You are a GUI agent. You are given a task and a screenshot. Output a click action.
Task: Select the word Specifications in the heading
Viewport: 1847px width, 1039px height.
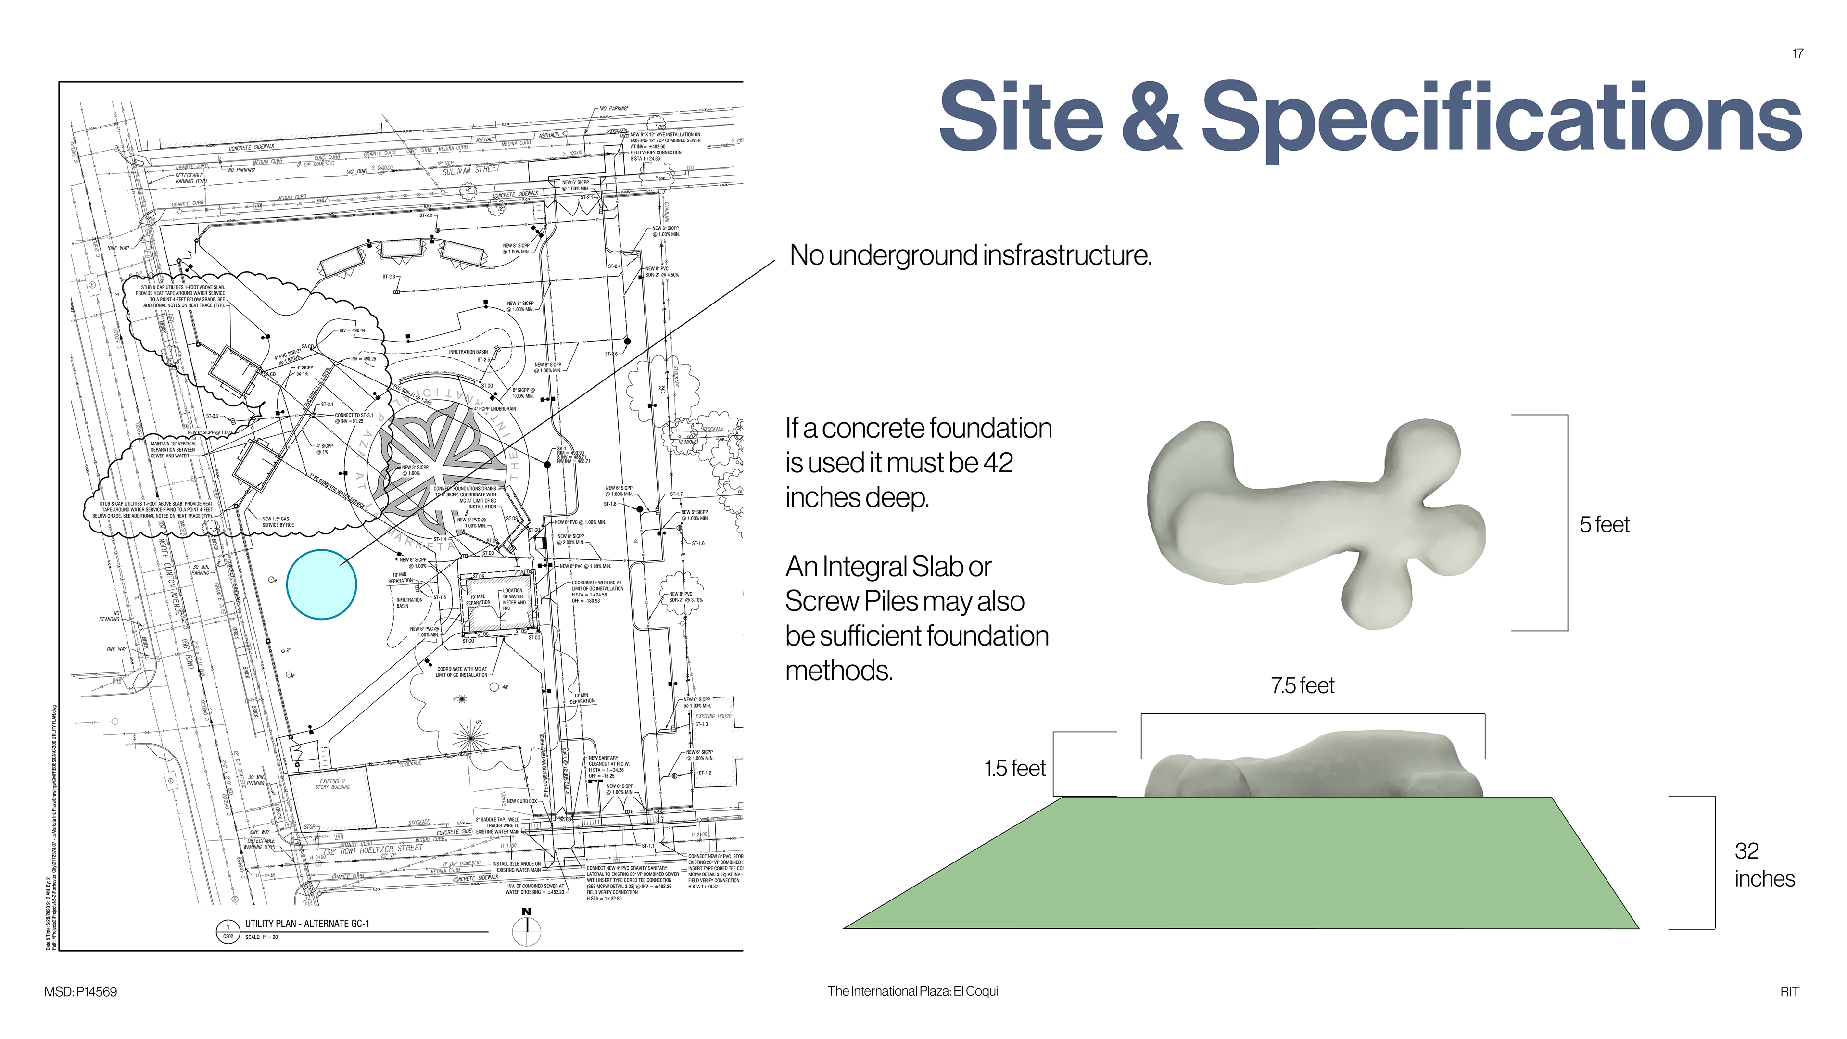(1501, 118)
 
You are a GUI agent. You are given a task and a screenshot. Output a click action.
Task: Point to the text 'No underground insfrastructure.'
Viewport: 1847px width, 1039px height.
(970, 255)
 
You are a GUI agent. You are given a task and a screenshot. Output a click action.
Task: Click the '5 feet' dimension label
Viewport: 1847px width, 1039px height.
(1604, 525)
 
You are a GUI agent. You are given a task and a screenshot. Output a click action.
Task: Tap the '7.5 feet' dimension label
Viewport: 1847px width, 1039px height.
(1302, 685)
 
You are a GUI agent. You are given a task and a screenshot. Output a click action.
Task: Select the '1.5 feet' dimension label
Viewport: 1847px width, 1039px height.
(1014, 769)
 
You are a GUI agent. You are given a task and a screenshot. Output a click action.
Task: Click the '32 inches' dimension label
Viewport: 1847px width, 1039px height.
(1764, 865)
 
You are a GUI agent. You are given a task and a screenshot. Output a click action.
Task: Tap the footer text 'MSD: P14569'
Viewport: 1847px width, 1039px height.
(80, 992)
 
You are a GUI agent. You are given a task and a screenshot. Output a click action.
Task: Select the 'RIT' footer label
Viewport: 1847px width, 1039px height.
(1789, 992)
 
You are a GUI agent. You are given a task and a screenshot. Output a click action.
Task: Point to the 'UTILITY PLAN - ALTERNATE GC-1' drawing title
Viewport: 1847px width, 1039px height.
(307, 924)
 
